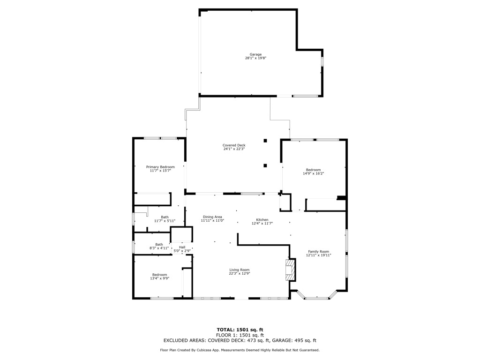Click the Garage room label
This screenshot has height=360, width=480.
[x=255, y=54]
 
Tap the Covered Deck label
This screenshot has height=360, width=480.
[x=234, y=145]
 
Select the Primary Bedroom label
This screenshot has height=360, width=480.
[x=160, y=167]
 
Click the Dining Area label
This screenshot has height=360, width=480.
[x=212, y=217]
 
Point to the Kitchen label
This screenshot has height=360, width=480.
[x=262, y=220]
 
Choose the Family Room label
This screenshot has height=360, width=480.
[x=318, y=252]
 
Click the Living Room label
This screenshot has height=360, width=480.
[x=240, y=270]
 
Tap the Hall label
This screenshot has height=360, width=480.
[x=182, y=247]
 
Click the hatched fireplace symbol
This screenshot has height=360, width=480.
[x=290, y=270]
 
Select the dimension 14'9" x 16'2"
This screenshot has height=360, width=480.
[x=314, y=173]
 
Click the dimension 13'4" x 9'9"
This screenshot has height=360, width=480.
[x=159, y=278]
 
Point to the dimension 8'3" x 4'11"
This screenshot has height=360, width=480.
[x=159, y=248]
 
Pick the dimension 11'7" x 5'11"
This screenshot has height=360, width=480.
[x=165, y=221]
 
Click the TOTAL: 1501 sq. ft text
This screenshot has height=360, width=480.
[x=240, y=330]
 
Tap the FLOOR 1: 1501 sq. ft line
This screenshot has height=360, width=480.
[x=240, y=335]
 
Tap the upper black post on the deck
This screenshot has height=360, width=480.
[x=265, y=141]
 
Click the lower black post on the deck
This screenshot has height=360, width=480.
[x=265, y=165]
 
